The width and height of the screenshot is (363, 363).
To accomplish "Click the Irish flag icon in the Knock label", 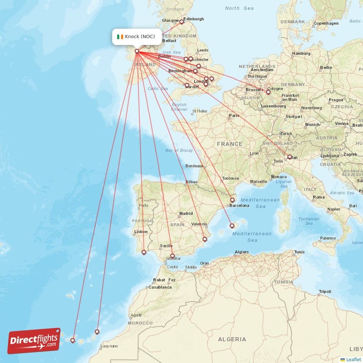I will (120, 37).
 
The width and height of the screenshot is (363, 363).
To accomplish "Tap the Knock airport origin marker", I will (137, 51).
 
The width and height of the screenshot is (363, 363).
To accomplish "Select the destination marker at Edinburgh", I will (181, 21).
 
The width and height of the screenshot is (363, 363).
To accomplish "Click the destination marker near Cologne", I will (268, 93).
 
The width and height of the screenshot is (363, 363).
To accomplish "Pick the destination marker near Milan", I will (289, 157).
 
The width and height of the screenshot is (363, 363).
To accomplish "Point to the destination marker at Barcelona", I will (232, 200).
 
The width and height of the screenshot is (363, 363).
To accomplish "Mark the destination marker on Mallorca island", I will (232, 226).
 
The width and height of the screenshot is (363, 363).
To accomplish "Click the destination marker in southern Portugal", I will (144, 252).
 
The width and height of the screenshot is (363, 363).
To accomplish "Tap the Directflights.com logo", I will (34, 341).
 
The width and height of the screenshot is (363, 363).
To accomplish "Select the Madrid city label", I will (186, 213).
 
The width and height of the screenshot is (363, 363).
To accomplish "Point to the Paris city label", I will (234, 116).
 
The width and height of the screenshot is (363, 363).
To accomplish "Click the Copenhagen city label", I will (326, 23).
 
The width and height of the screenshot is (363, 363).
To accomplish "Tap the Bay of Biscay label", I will (179, 150).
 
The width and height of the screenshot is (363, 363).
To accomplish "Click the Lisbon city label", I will (141, 232).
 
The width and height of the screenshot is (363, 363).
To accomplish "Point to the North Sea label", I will (239, 8).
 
